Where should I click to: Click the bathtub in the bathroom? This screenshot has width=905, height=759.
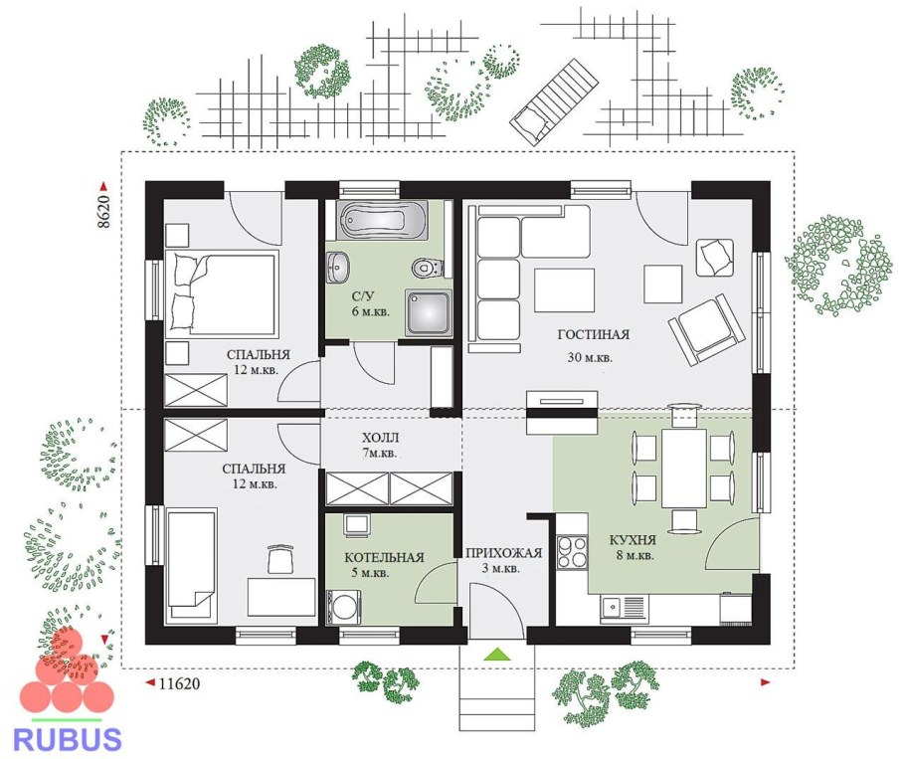(383, 220)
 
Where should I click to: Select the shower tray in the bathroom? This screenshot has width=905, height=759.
(429, 312)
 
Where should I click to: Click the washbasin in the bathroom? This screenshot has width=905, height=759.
(338, 268)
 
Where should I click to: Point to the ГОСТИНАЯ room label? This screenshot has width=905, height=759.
(594, 334)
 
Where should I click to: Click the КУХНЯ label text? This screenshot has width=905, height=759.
(633, 540)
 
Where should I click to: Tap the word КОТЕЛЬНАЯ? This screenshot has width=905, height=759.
(384, 558)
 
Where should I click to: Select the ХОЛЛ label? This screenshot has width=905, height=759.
(380, 438)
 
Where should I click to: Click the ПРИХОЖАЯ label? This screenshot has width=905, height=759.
(504, 553)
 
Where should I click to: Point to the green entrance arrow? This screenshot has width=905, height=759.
(497, 654)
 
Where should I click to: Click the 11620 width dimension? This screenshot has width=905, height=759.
(179, 684)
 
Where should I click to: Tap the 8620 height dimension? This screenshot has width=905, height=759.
(103, 212)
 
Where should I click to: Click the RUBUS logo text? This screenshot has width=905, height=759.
(67, 739)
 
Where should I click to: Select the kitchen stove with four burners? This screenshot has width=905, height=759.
(572, 552)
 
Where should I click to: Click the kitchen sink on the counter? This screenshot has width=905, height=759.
(624, 608)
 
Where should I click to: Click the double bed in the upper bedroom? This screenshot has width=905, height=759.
(222, 293)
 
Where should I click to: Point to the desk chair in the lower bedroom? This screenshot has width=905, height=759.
(279, 559)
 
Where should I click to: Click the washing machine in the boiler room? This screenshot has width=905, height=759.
(344, 607)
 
